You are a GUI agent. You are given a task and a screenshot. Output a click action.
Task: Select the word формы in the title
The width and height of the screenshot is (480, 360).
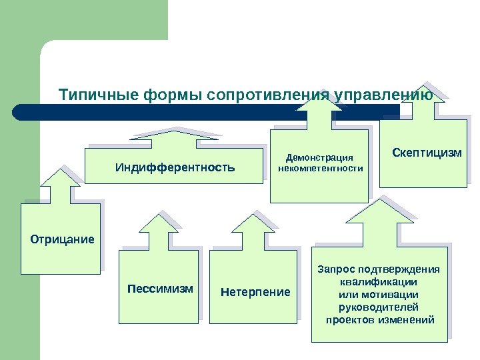(165, 95)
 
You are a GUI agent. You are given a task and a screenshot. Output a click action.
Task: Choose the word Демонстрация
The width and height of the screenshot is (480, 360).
(319, 158)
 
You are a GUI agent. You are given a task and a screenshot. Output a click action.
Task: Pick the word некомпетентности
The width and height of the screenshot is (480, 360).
(320, 169)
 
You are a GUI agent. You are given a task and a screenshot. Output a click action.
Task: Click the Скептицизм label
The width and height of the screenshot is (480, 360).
(426, 153)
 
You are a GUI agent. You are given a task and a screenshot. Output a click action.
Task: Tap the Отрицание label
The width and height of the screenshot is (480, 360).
(63, 239)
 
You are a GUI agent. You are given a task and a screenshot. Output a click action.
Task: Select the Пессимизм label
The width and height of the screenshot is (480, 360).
(160, 289)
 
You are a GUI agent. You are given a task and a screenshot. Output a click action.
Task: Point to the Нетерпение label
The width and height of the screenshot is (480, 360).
(255, 292)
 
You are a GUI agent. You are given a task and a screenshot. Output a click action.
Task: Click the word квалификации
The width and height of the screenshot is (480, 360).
(379, 282)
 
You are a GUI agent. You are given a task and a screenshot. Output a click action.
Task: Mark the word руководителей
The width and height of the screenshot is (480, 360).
(379, 307)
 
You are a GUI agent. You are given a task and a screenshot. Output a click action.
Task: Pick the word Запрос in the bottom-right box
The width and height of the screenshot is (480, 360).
(337, 269)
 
